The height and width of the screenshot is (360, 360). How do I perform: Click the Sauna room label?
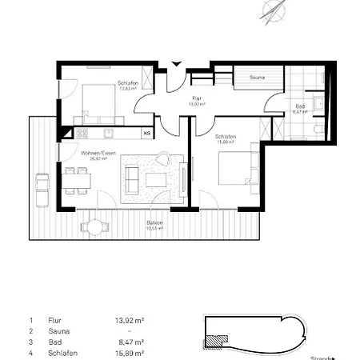[257, 78]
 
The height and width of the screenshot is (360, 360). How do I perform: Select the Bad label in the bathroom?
[300, 106]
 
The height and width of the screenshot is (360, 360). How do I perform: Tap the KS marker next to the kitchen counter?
[146, 133]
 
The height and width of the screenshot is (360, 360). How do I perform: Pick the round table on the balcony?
[95, 227]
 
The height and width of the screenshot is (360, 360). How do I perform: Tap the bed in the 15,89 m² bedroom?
[233, 166]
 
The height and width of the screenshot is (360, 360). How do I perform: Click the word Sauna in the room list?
[58, 330]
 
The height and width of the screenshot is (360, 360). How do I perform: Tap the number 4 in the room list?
[30, 353]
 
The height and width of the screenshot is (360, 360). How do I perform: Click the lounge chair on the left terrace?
[40, 182]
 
